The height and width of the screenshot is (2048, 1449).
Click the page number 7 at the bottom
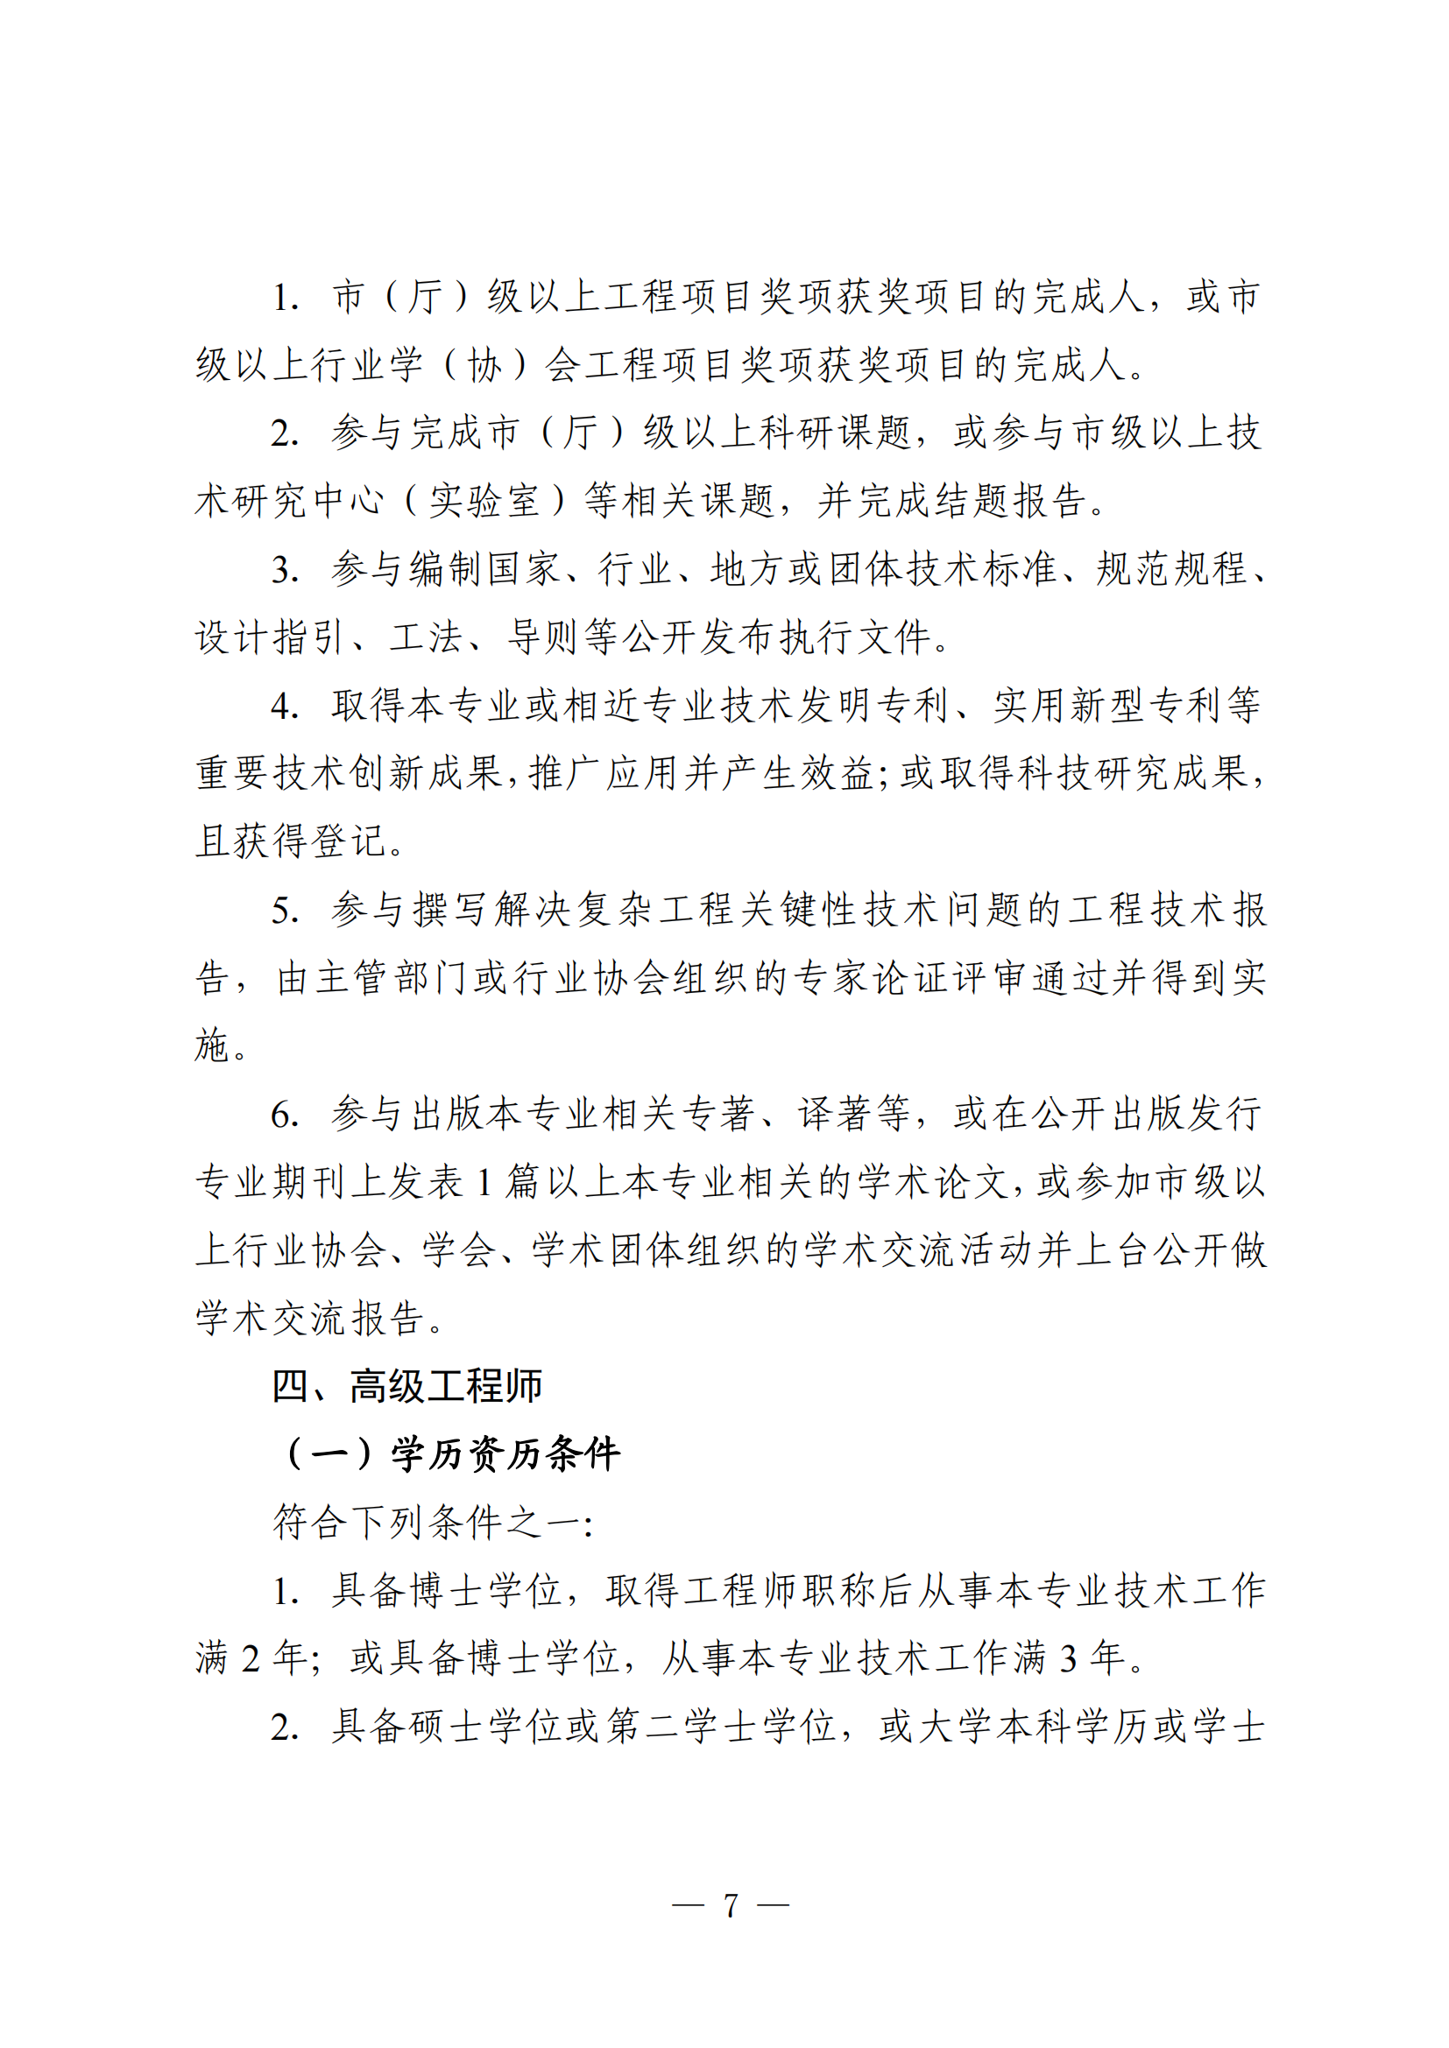[x=731, y=1906]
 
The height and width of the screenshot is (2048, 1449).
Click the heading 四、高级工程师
[x=406, y=1387]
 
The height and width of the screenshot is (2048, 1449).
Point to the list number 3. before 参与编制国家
[x=285, y=571]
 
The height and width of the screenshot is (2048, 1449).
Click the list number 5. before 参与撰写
[x=285, y=911]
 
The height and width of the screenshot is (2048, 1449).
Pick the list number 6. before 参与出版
[x=285, y=1115]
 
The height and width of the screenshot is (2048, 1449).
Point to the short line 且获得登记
[x=291, y=842]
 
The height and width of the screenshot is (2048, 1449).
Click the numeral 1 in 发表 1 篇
[x=484, y=1184]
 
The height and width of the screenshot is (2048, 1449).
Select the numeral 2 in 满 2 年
[x=251, y=1660]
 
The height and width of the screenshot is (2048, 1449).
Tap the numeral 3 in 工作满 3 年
[x=1068, y=1660]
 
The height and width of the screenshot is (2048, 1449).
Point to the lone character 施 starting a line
[x=213, y=1046]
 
